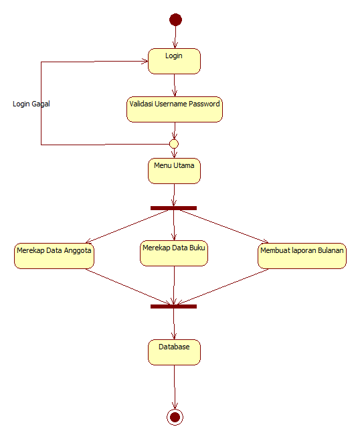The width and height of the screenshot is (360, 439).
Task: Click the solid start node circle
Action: [175, 19]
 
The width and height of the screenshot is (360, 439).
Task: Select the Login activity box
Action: [174, 60]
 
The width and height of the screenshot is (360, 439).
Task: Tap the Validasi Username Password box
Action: [175, 109]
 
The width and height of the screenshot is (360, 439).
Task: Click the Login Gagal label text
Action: [31, 104]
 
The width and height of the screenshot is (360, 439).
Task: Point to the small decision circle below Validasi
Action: [174, 143]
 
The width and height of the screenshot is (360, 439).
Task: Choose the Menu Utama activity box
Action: [174, 170]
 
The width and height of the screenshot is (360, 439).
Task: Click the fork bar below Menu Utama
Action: [173, 208]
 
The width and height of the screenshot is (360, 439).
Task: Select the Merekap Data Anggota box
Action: [54, 256]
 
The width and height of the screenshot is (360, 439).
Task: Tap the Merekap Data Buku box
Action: [174, 253]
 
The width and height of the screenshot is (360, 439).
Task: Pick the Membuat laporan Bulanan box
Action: [302, 256]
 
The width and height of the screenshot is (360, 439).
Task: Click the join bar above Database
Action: [173, 306]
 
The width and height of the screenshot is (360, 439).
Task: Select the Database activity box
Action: [174, 352]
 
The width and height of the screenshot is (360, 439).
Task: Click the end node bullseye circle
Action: [175, 417]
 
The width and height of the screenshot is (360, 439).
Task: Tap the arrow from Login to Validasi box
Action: [175, 85]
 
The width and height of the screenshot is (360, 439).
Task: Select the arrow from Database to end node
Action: [175, 387]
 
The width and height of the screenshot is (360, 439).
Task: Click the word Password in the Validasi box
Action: [203, 104]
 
